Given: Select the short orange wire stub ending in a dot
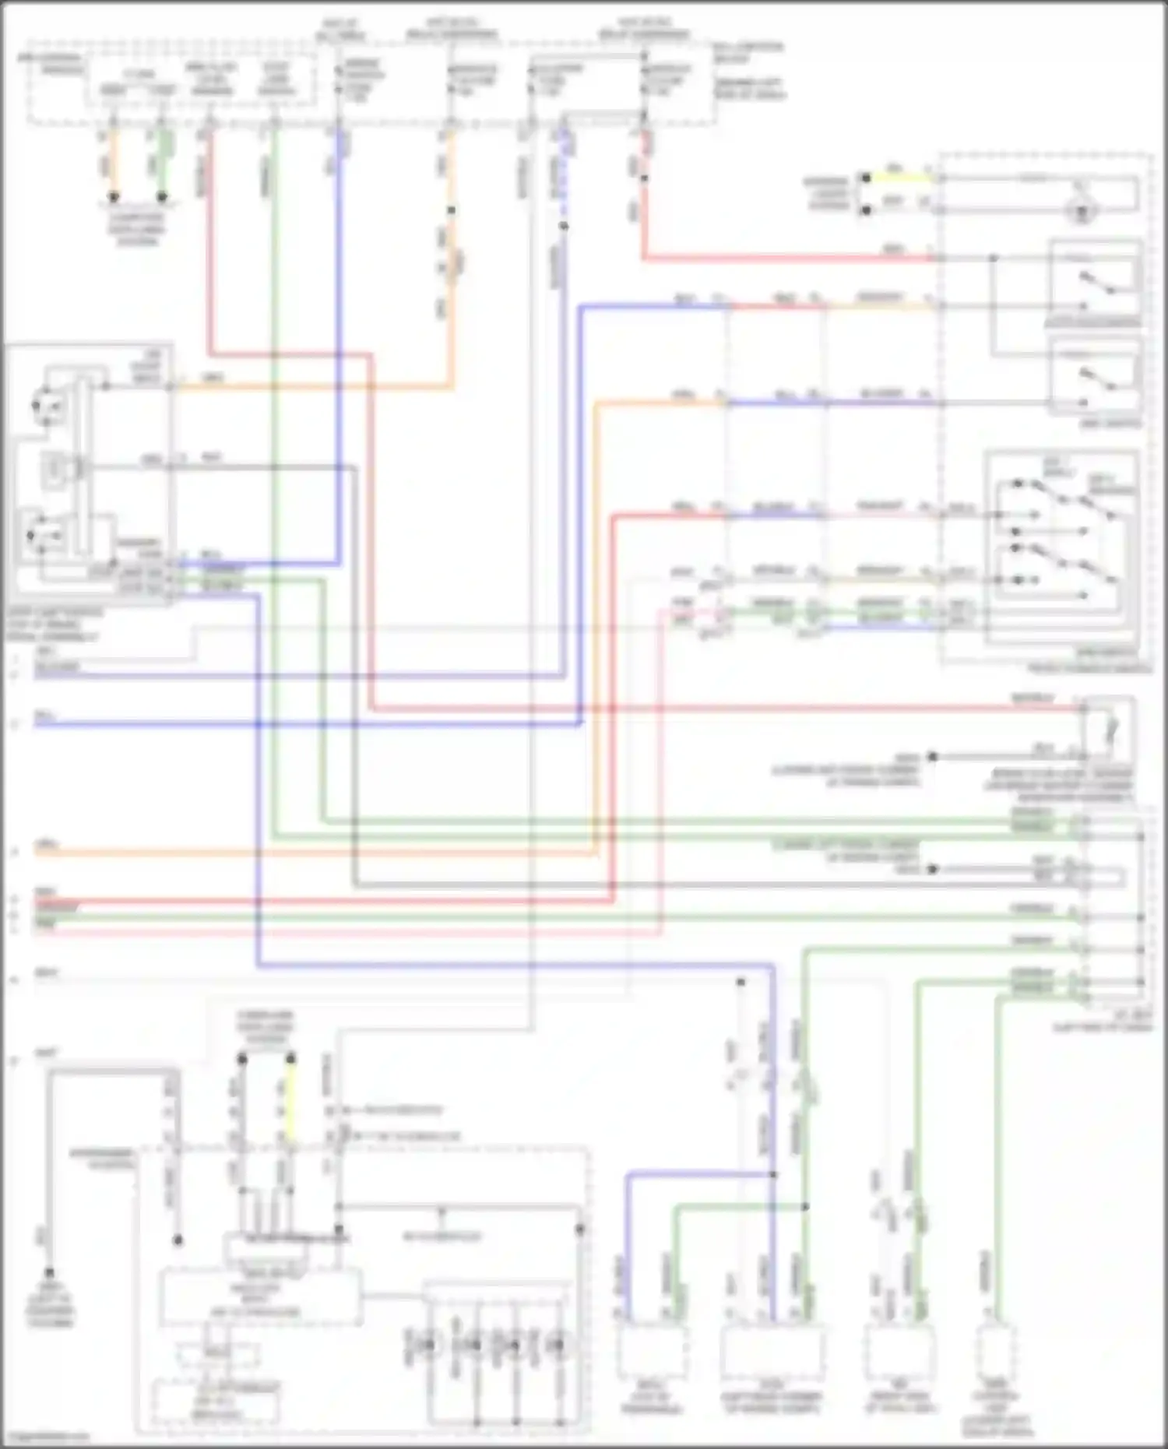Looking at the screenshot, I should [114, 164].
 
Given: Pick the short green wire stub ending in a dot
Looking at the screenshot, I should [162, 164].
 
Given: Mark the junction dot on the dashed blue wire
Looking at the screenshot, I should [564, 226].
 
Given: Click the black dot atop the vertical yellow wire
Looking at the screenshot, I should [290, 1058].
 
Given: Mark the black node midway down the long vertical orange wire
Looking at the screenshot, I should [451, 210].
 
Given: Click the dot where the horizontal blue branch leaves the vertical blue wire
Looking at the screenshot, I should [773, 1174].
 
